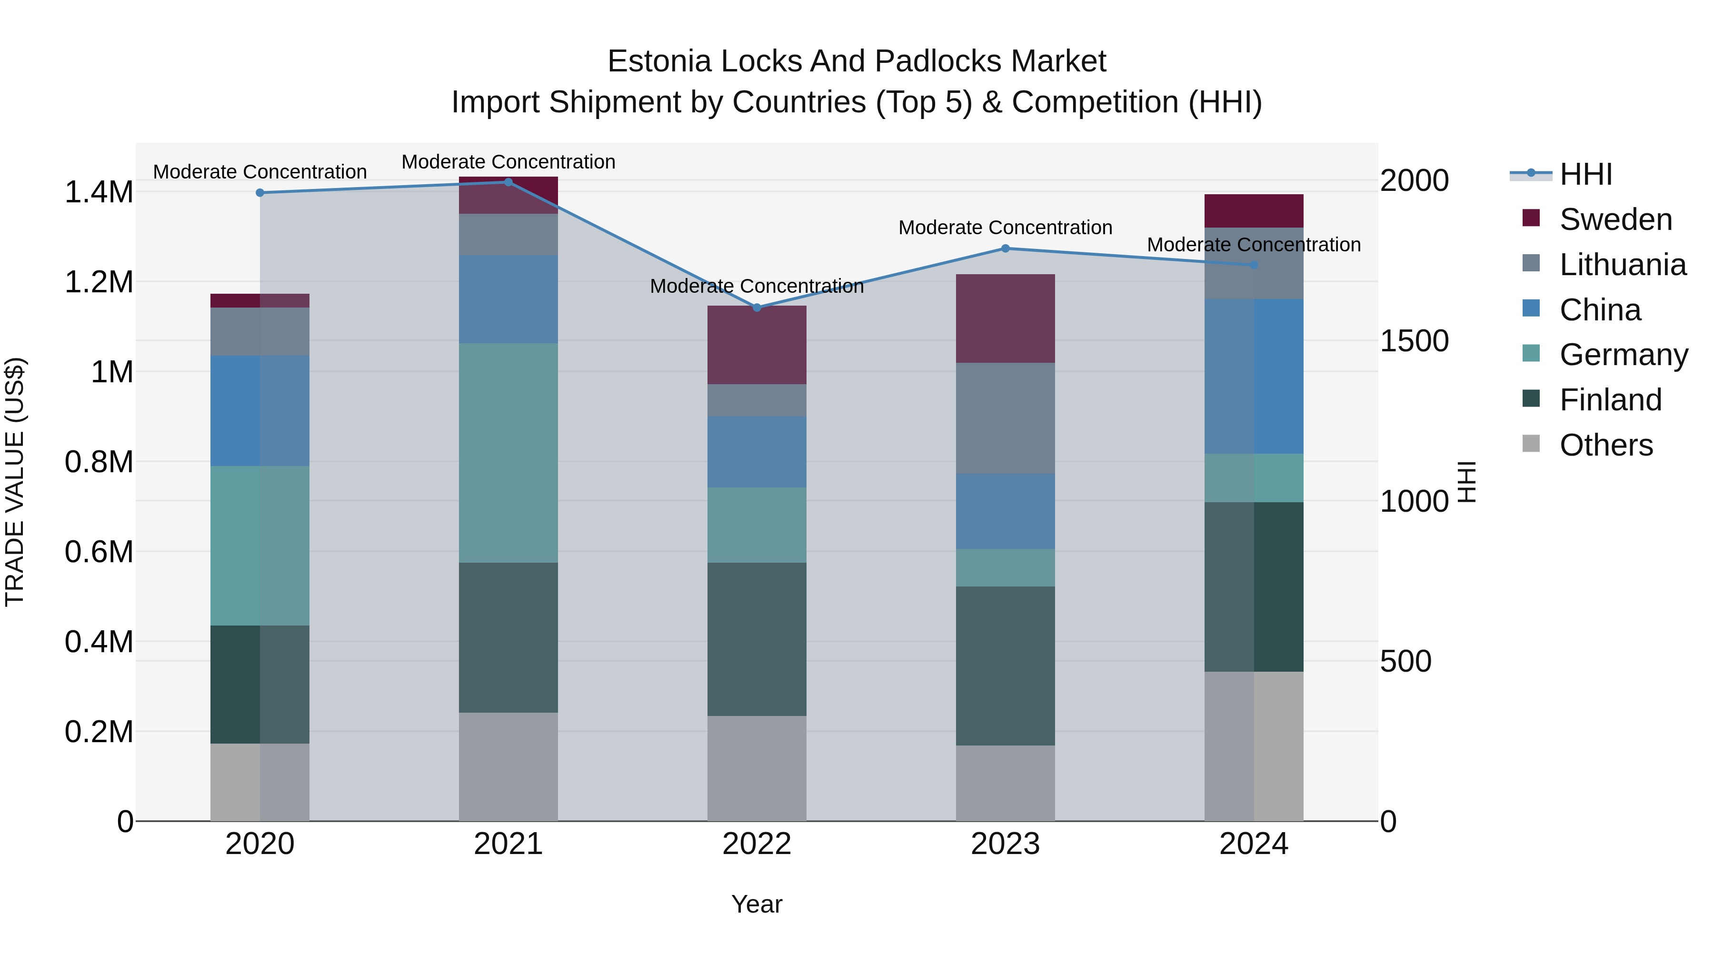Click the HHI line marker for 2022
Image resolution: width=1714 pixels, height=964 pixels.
click(x=757, y=308)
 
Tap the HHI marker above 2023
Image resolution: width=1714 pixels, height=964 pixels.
click(x=1006, y=248)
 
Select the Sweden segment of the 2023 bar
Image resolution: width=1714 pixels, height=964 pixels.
click(x=1006, y=318)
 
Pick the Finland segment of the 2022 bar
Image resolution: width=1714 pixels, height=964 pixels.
click(x=757, y=639)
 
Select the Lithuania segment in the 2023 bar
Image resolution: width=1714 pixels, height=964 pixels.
click(x=1006, y=418)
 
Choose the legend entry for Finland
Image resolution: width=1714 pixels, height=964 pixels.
click(x=1610, y=400)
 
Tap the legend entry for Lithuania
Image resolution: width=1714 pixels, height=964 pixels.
click(x=1622, y=265)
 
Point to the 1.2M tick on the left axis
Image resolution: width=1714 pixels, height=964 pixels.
click(x=99, y=282)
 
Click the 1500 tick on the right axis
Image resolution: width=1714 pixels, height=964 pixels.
click(x=1414, y=341)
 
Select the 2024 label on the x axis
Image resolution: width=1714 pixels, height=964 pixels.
click(x=1254, y=844)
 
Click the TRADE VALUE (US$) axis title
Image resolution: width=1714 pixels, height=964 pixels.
click(x=15, y=482)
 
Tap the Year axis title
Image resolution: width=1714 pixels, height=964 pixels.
click(x=757, y=904)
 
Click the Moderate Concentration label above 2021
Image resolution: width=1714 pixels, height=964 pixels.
click(x=508, y=162)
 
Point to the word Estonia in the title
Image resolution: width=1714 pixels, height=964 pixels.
click(x=659, y=61)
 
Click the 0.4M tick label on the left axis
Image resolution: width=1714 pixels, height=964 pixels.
click(x=99, y=642)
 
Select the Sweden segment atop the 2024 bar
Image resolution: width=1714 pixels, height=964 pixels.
click(x=1254, y=211)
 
